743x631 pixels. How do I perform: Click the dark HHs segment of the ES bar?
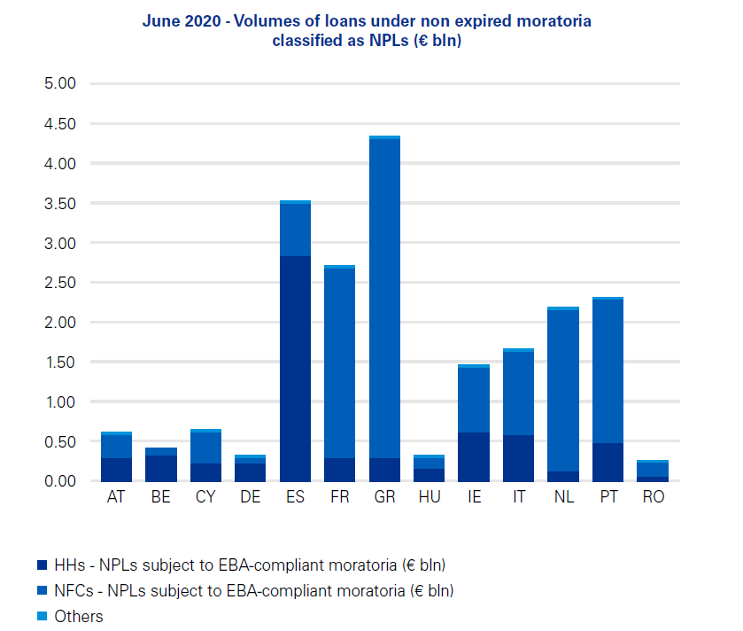295,369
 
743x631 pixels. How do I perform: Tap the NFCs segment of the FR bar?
340,363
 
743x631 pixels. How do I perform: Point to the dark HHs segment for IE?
474,456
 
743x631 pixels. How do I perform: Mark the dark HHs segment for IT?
519,458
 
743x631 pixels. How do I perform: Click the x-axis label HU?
430,498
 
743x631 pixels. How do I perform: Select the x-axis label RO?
653,498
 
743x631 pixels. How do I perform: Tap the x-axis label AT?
116,498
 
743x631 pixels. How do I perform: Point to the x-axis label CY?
205,498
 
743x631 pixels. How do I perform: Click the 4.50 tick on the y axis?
61,124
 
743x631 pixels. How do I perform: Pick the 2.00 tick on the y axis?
61,323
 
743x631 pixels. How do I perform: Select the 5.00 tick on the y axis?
61,84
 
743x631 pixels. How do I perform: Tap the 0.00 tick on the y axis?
61,481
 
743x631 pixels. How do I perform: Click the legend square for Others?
41,616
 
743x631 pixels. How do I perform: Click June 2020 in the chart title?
176,20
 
